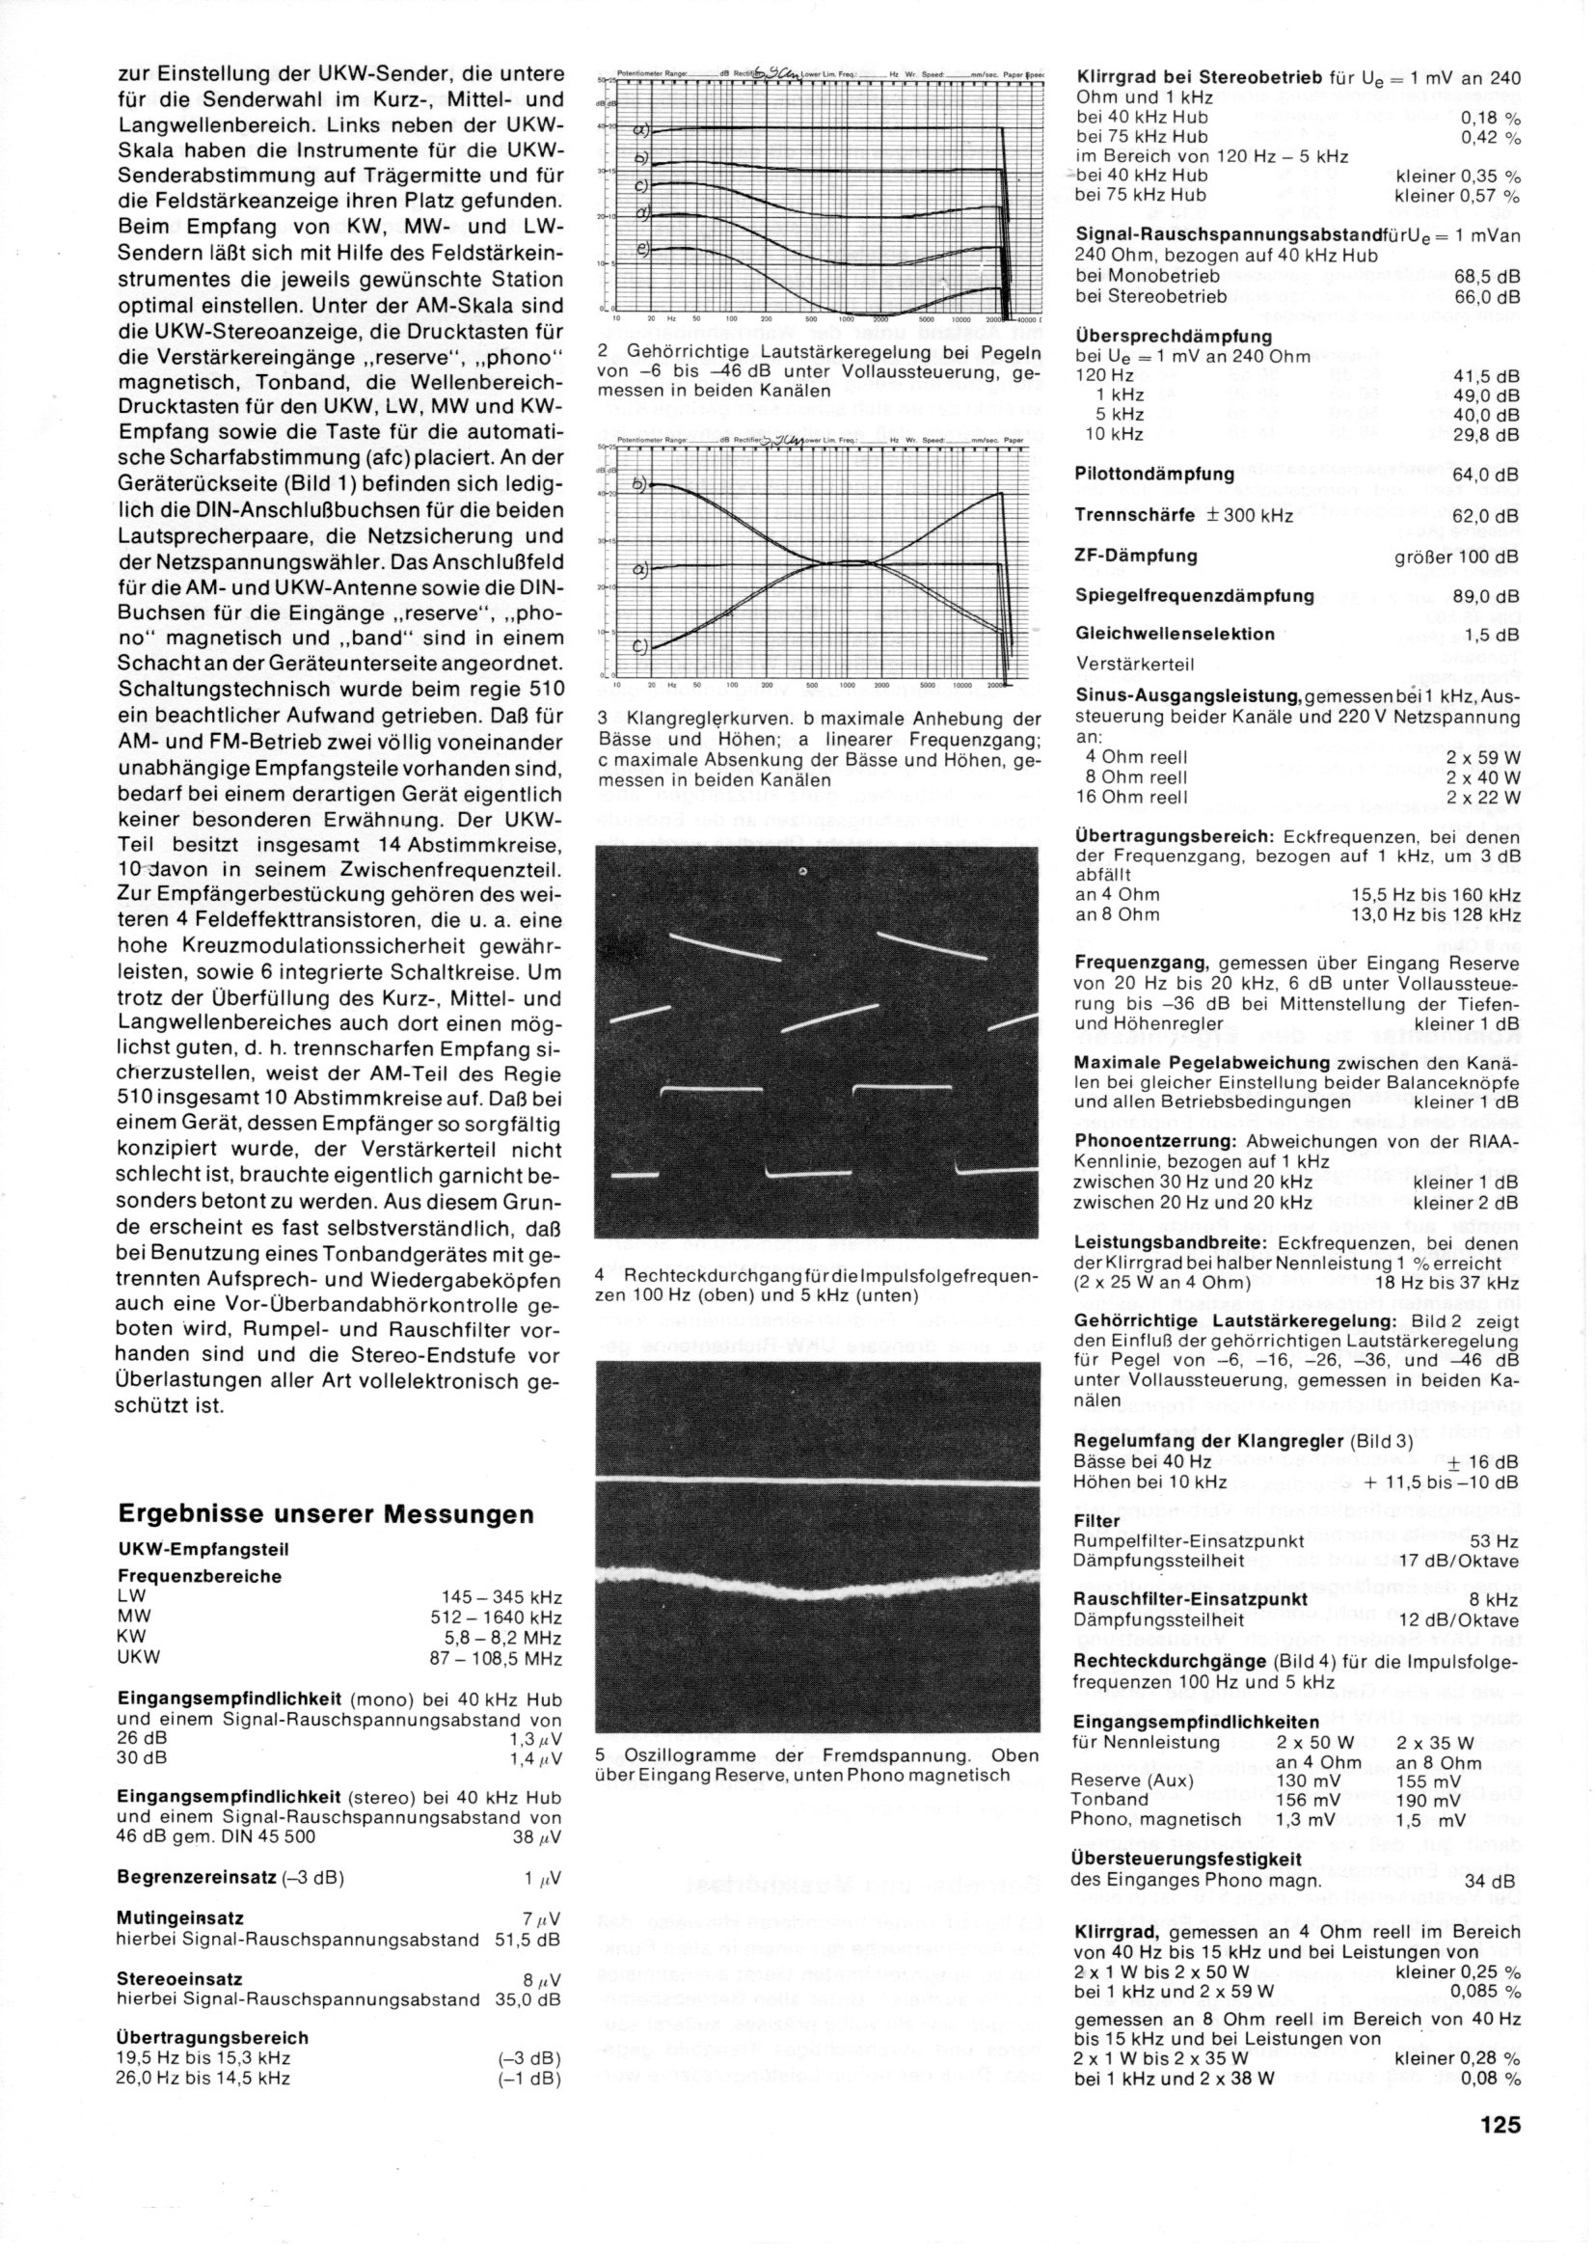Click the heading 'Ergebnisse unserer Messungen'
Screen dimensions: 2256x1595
tap(325, 1513)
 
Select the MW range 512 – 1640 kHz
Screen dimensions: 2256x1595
tap(496, 1617)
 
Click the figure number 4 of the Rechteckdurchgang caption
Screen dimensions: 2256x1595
tap(600, 1275)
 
